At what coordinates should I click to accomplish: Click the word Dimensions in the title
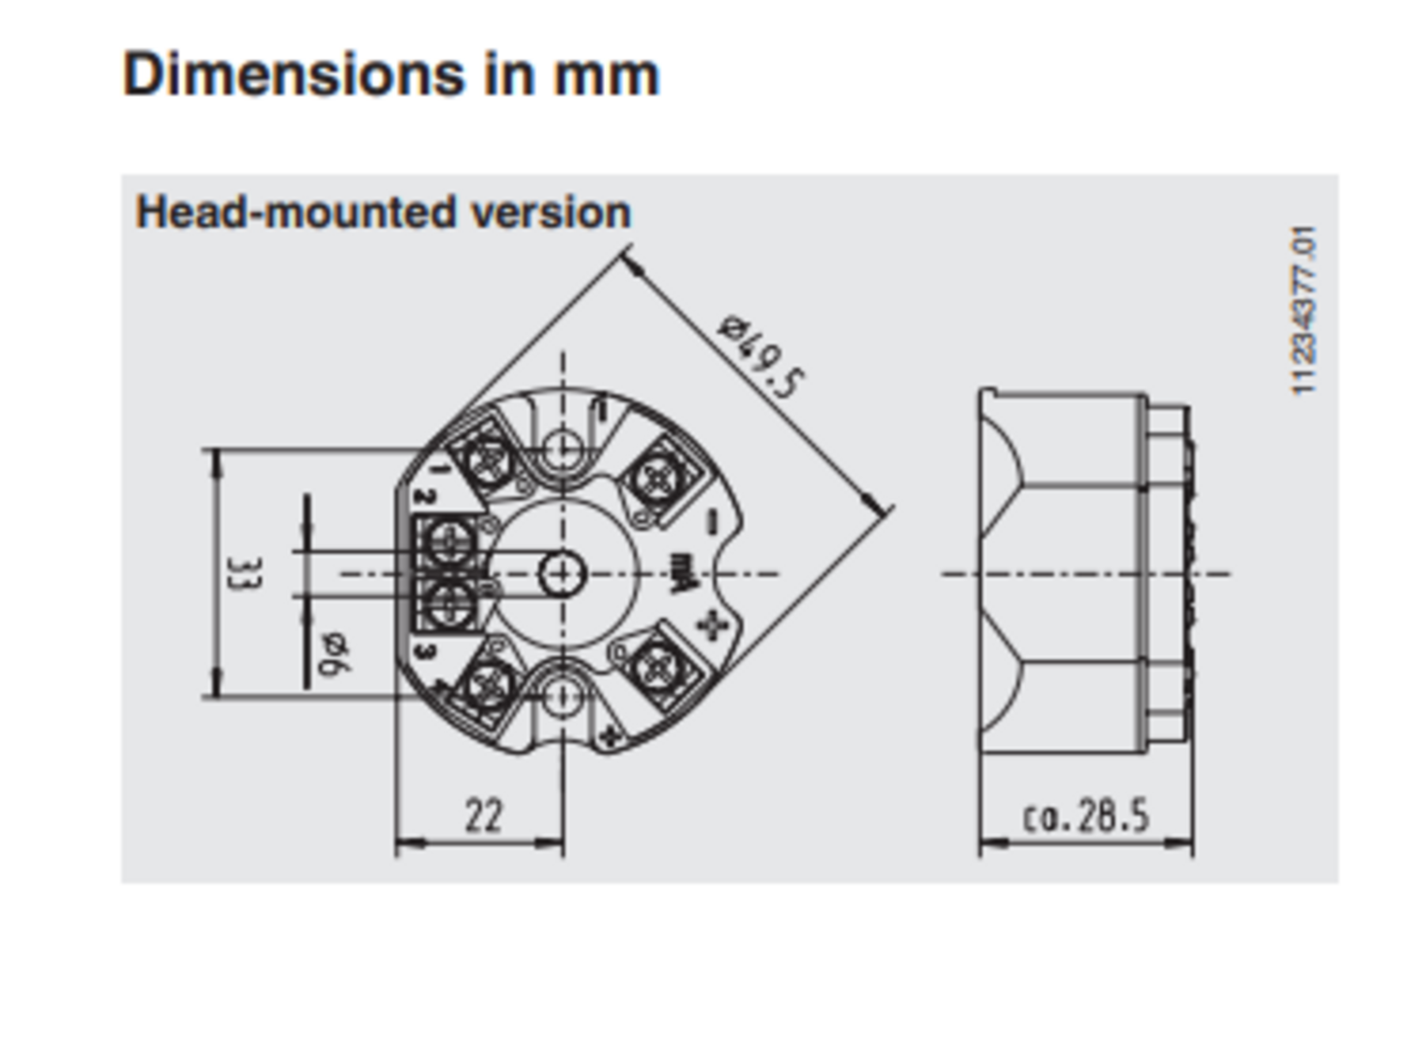294,74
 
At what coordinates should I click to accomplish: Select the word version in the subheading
552,212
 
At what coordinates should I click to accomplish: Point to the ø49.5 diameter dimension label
760,355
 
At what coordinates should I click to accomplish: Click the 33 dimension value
245,573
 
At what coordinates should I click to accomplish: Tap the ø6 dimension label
335,655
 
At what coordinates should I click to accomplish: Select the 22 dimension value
483,815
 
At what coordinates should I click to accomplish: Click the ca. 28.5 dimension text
1086,816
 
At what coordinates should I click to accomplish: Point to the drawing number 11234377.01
1303,310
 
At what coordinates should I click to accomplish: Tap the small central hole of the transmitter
562,573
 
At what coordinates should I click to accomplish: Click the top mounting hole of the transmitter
562,448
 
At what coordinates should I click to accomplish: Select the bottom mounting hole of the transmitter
562,697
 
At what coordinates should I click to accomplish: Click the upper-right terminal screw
659,478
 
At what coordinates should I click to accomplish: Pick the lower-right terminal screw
659,669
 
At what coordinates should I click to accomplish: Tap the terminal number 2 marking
425,496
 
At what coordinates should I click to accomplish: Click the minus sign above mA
712,523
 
